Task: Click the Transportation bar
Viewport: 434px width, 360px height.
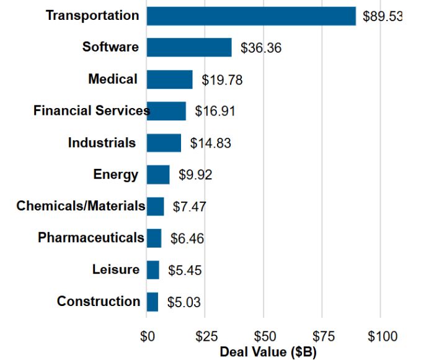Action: pyautogui.click(x=251, y=16)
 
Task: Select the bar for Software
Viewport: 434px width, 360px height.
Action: pyautogui.click(x=189, y=47)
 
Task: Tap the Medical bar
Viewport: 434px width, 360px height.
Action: pyautogui.click(x=169, y=79)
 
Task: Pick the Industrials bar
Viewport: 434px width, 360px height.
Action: pyautogui.click(x=164, y=143)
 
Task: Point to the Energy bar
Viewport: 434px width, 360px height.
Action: pyautogui.click(x=158, y=174)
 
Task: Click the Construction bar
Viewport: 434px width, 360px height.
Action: pyautogui.click(x=153, y=302)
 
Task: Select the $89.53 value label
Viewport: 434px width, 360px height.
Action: pyautogui.click(x=383, y=16)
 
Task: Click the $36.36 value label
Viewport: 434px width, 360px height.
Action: pyautogui.click(x=261, y=48)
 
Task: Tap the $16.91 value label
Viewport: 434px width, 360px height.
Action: pyautogui.click(x=215, y=112)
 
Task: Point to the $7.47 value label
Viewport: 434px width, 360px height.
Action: pyautogui.click(x=189, y=207)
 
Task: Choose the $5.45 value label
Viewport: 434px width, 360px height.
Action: pyautogui.click(x=185, y=271)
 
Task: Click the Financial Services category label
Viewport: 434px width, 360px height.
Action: pyautogui.click(x=91, y=111)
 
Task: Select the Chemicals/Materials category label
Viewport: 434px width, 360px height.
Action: pyautogui.click(x=81, y=206)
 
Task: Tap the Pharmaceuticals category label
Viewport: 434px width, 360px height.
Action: pyautogui.click(x=91, y=238)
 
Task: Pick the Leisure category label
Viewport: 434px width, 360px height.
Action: pyautogui.click(x=116, y=270)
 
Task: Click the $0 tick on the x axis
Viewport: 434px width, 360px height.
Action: pyautogui.click(x=147, y=337)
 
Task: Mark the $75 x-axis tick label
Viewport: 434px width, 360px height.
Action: pyautogui.click(x=323, y=337)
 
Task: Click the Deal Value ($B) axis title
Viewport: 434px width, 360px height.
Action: pyautogui.click(x=268, y=352)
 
